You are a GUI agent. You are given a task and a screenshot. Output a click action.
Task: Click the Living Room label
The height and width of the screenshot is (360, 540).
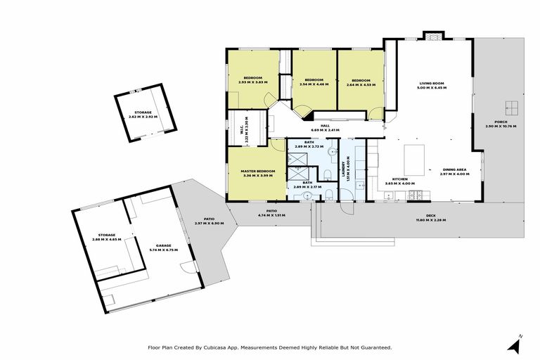tap(431, 84)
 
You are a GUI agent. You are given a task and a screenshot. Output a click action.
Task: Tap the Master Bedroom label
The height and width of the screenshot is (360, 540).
tap(257, 171)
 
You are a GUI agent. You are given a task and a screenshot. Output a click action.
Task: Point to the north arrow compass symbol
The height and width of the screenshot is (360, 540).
tap(517, 345)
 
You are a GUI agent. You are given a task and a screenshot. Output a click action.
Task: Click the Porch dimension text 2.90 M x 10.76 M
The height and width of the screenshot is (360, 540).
tap(501, 127)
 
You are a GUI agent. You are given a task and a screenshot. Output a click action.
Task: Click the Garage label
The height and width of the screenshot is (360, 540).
tap(163, 245)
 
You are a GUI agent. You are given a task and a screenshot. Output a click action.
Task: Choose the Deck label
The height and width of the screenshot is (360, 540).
tap(430, 216)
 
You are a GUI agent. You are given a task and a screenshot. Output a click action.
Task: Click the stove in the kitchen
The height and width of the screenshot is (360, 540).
tap(416, 194)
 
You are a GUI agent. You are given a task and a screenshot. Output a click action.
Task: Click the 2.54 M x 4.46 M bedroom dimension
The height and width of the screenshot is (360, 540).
tap(314, 84)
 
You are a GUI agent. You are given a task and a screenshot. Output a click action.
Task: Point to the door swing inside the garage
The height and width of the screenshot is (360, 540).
tap(186, 266)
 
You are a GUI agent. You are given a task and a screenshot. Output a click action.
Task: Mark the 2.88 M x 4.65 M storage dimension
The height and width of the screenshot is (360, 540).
tap(107, 239)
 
